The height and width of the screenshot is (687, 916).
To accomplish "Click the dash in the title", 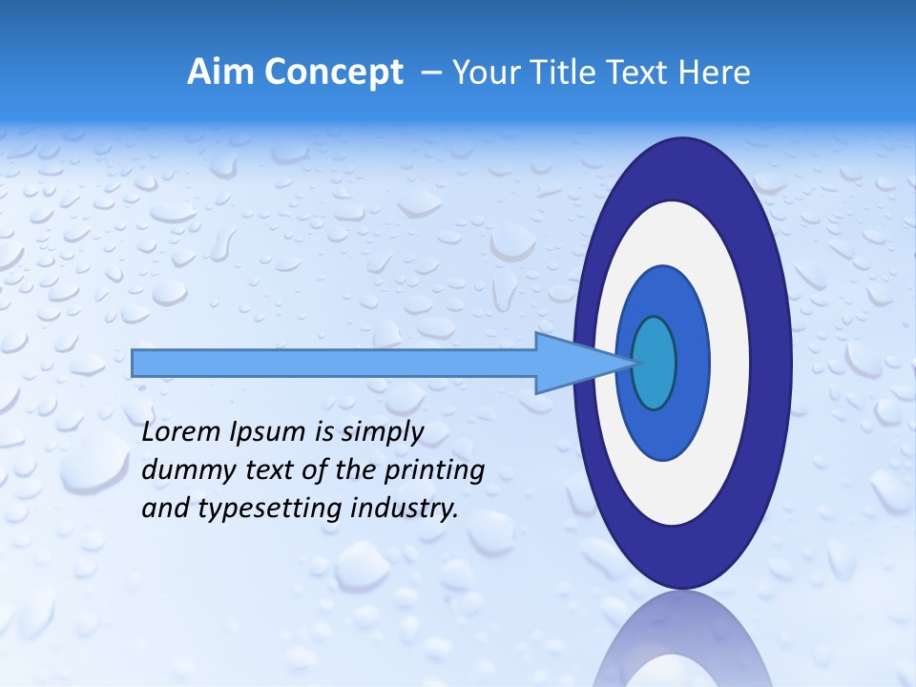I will coord(430,73).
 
